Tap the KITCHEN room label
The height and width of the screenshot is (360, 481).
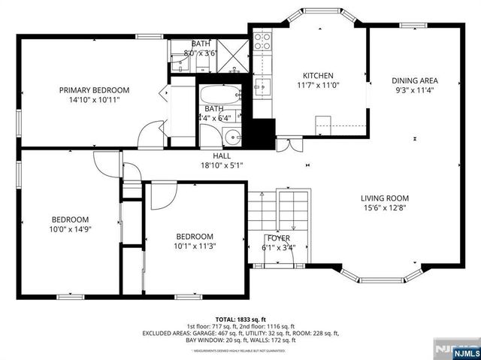pos(318,75)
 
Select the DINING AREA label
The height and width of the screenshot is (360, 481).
pos(414,80)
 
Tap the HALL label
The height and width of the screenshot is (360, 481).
pos(221,156)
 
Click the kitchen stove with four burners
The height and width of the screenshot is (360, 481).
pos(262,40)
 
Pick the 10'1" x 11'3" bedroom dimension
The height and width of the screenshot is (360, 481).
pos(195,245)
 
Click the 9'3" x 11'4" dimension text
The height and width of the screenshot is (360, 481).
pos(414,90)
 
